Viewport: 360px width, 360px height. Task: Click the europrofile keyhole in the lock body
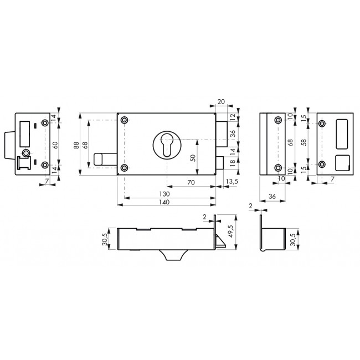[167, 145]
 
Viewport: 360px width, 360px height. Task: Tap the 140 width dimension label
[164, 202]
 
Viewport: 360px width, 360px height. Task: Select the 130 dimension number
[164, 194]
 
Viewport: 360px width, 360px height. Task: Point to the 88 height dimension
[76, 145]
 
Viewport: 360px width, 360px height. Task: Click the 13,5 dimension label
[232, 182]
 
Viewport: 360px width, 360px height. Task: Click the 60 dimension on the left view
[55, 145]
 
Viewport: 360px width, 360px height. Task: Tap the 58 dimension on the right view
[305, 142]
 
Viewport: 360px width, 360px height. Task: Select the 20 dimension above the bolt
[221, 102]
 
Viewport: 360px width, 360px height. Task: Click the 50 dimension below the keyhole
[193, 158]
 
